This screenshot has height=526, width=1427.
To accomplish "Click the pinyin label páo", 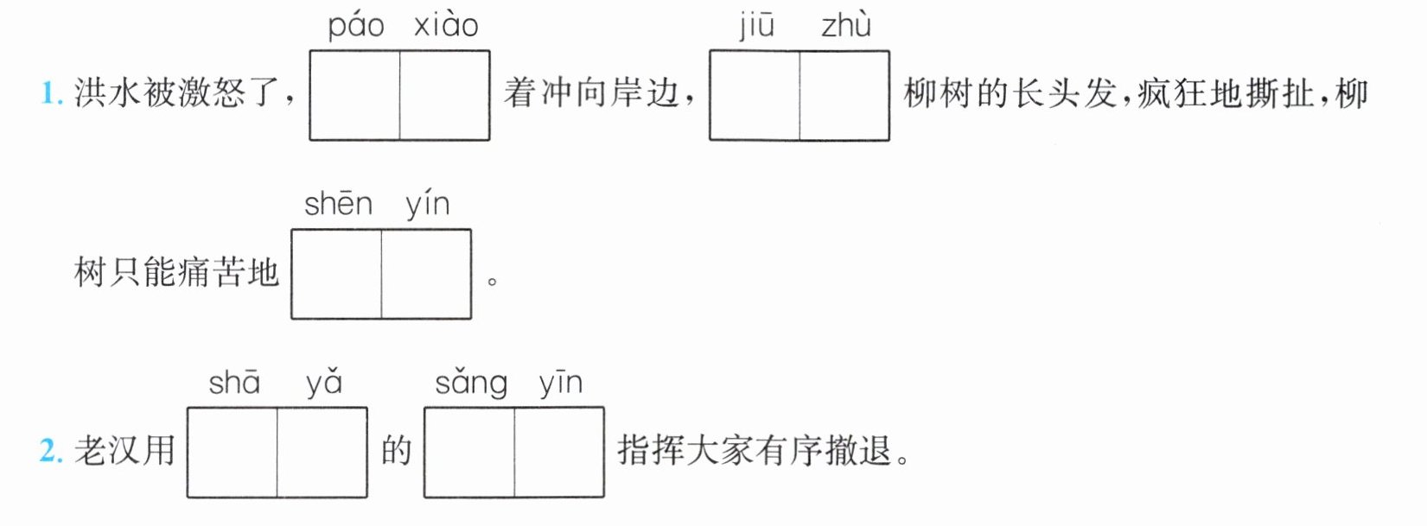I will [355, 26].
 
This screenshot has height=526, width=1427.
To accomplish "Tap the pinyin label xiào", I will [446, 26].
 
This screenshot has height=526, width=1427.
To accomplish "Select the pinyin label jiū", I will [756, 26].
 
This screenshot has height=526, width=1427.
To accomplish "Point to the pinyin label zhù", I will [845, 26].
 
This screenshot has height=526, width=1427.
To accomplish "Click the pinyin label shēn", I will [338, 205].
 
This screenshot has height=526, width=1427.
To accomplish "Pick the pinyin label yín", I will [428, 206].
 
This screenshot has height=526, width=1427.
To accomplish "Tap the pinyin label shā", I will [234, 383].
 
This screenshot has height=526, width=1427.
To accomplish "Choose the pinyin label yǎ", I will [324, 383].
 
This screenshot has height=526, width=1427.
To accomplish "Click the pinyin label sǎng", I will [470, 383].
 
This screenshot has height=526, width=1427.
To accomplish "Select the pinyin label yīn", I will [561, 383].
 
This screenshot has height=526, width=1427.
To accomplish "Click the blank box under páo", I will [355, 95].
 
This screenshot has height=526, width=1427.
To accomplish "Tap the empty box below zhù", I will [844, 95].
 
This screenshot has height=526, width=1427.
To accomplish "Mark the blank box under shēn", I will [337, 274].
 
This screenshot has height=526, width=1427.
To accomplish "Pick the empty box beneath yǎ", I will [322, 453].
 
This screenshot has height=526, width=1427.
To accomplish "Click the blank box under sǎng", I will [469, 453].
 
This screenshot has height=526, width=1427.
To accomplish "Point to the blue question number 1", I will [51, 93].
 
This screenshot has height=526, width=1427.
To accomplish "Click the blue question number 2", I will [51, 451].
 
